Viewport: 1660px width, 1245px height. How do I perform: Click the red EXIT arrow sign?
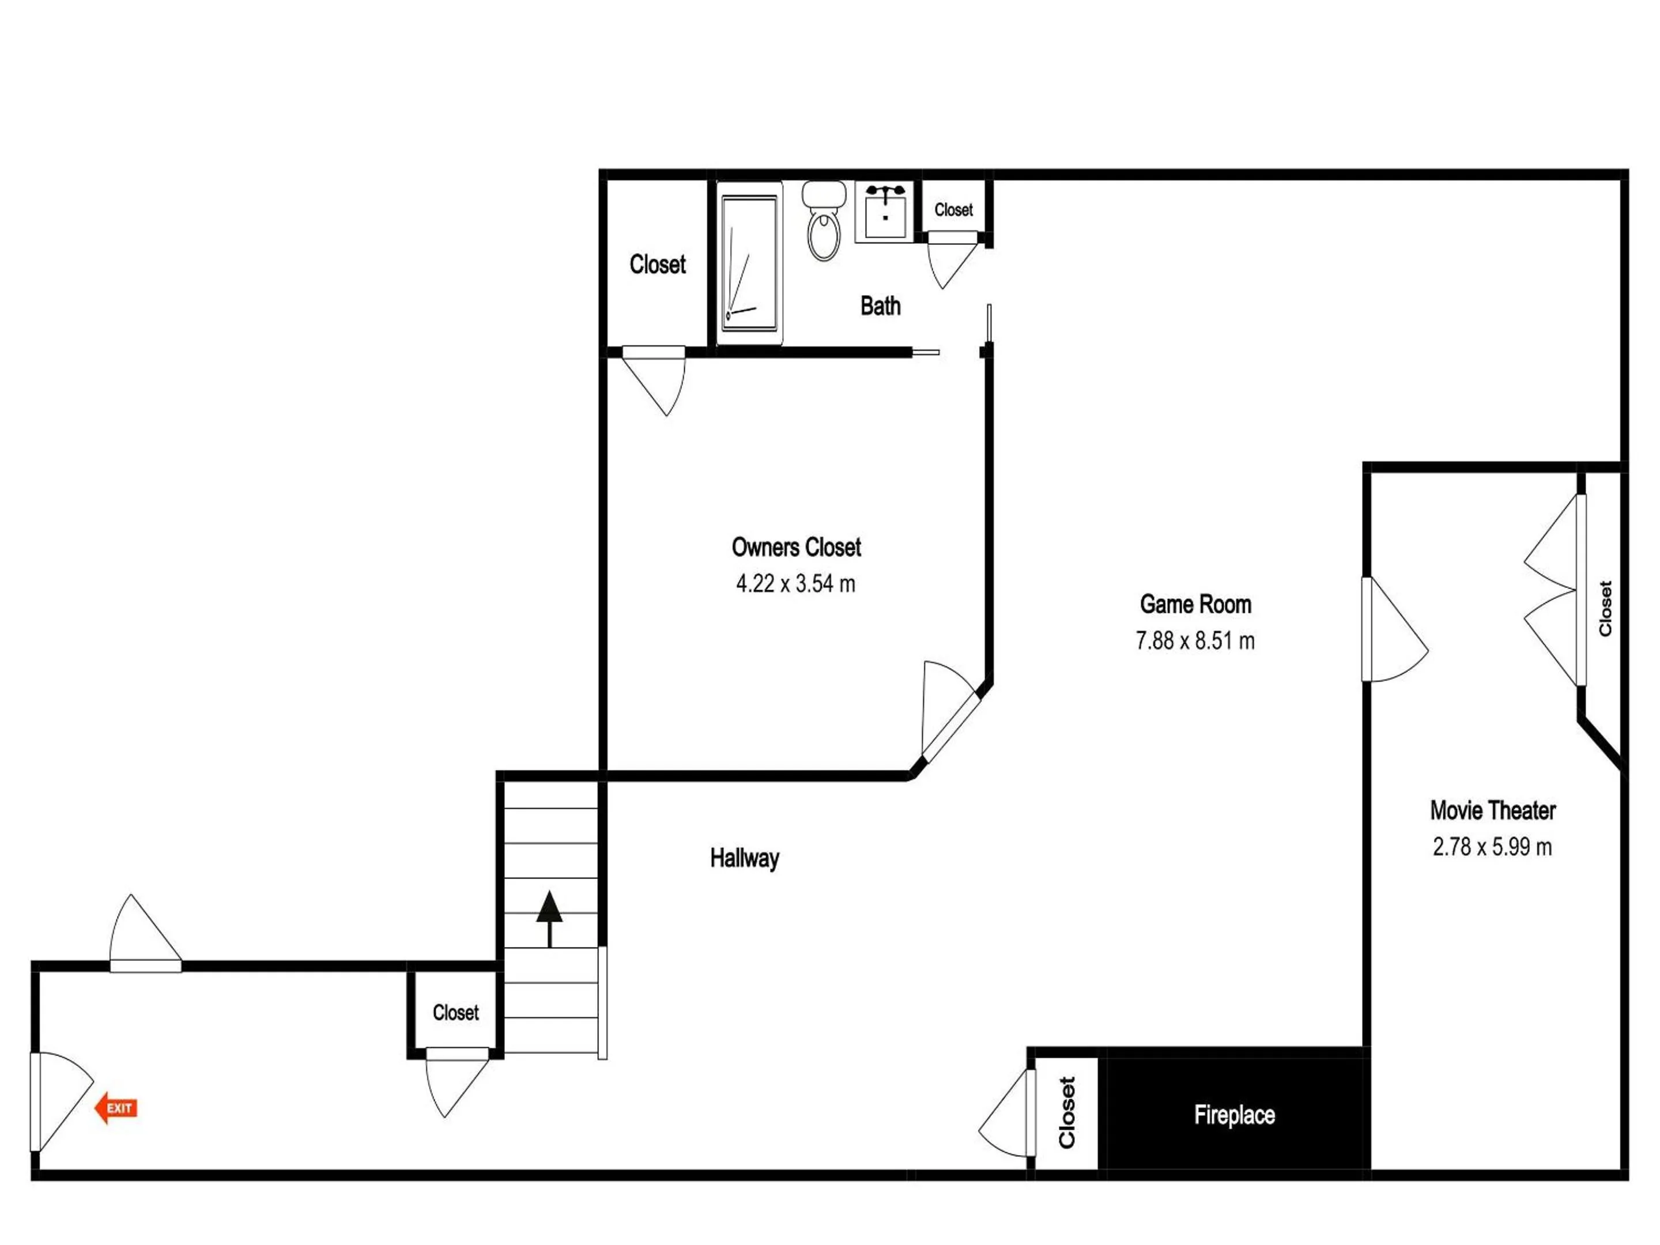pyautogui.click(x=116, y=1108)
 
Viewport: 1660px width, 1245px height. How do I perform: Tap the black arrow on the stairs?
pyautogui.click(x=549, y=919)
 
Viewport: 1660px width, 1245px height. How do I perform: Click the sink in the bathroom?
pyautogui.click(x=885, y=212)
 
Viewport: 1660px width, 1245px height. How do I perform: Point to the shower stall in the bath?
pyautogui.click(x=749, y=263)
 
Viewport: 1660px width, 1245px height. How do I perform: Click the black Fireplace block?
pyautogui.click(x=1235, y=1113)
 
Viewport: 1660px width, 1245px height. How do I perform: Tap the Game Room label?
pyautogui.click(x=1195, y=604)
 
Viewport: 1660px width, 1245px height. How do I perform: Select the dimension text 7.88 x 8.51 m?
pyautogui.click(x=1195, y=640)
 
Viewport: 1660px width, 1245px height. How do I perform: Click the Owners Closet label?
pyautogui.click(x=796, y=547)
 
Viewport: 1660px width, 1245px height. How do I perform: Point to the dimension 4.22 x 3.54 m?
pyautogui.click(x=795, y=583)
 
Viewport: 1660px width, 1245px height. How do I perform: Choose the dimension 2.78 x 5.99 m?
pyautogui.click(x=1492, y=847)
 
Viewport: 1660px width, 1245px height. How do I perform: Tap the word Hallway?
pyautogui.click(x=745, y=858)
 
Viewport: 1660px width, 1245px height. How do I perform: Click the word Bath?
pyautogui.click(x=880, y=305)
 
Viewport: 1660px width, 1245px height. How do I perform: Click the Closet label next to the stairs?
pyautogui.click(x=455, y=1012)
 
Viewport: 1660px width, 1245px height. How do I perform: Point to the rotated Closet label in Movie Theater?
pyautogui.click(x=1605, y=609)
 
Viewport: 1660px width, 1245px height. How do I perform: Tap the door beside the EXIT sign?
pyautogui.click(x=62, y=1101)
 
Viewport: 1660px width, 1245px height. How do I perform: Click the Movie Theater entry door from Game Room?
pyautogui.click(x=1394, y=629)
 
